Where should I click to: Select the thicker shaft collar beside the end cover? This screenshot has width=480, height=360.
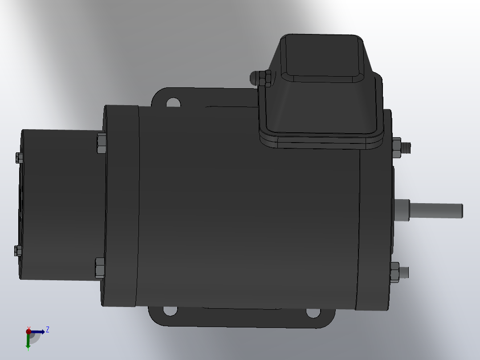[x=403, y=210]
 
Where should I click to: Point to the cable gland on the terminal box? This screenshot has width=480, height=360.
[x=256, y=79]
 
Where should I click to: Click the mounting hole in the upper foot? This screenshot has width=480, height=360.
[x=173, y=103]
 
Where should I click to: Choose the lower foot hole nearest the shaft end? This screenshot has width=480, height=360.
[x=313, y=312]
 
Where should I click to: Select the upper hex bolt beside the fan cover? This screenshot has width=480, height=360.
[x=101, y=143]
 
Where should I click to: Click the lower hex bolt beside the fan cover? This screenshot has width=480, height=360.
[x=100, y=268]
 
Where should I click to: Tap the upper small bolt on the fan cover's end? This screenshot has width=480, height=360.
[x=19, y=158]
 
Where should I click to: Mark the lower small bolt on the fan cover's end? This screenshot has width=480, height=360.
[x=18, y=250]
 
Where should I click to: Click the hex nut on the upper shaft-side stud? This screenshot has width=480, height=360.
[x=396, y=147]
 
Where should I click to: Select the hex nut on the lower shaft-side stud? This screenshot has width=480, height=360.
[x=395, y=272]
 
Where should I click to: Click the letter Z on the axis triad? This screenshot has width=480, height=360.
[x=48, y=330]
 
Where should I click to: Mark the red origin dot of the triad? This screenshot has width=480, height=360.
[x=28, y=331]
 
